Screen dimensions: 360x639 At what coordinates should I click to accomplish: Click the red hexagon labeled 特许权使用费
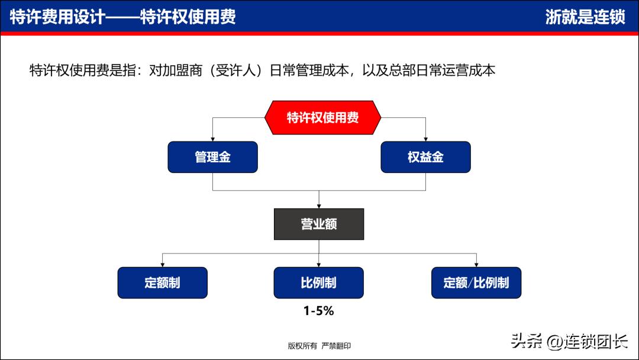tap(322, 117)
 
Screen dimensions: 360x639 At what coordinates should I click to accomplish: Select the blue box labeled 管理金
tap(212, 157)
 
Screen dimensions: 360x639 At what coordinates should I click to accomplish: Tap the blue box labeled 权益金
tap(425, 157)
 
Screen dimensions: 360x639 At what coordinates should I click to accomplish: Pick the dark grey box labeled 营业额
tap(319, 224)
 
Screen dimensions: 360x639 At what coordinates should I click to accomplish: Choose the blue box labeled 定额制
tap(162, 282)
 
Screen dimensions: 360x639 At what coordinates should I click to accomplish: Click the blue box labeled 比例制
tap(318, 282)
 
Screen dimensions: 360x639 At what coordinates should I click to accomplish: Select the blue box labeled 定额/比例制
tap(476, 282)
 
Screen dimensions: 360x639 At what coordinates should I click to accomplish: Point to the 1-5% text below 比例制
tap(318, 310)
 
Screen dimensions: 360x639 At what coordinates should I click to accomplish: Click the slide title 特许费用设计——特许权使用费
tap(123, 17)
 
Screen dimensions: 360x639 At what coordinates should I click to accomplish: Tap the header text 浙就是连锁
tap(585, 17)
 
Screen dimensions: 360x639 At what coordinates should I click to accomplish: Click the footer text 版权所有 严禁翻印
tap(319, 346)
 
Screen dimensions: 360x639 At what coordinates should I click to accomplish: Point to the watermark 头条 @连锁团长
tap(569, 341)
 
